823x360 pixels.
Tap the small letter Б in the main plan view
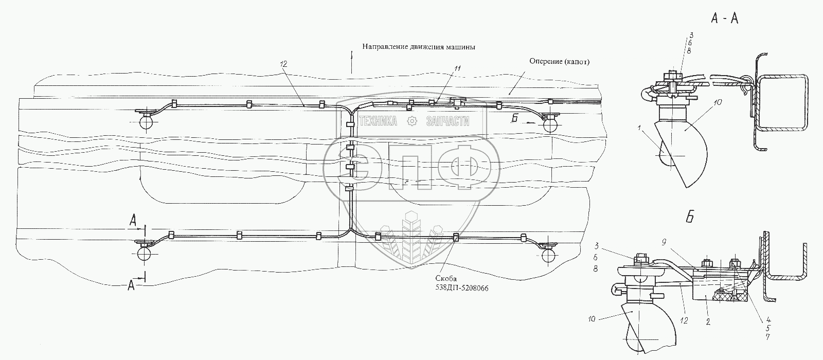(514, 117)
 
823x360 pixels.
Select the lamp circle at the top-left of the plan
(146, 121)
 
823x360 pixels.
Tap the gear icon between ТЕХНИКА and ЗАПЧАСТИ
(411, 121)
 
